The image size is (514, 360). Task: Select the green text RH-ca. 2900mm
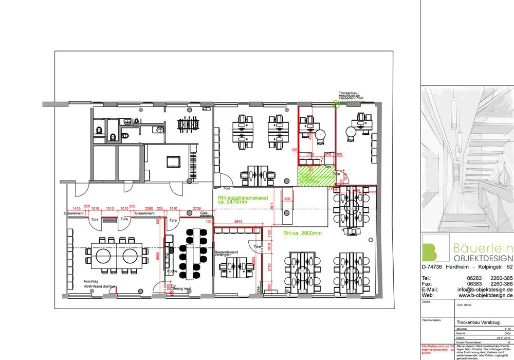[302, 233]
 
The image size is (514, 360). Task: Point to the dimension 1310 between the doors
[109, 209]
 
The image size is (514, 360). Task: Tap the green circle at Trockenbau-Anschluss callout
[337, 104]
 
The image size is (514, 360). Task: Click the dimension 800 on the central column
[287, 199]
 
